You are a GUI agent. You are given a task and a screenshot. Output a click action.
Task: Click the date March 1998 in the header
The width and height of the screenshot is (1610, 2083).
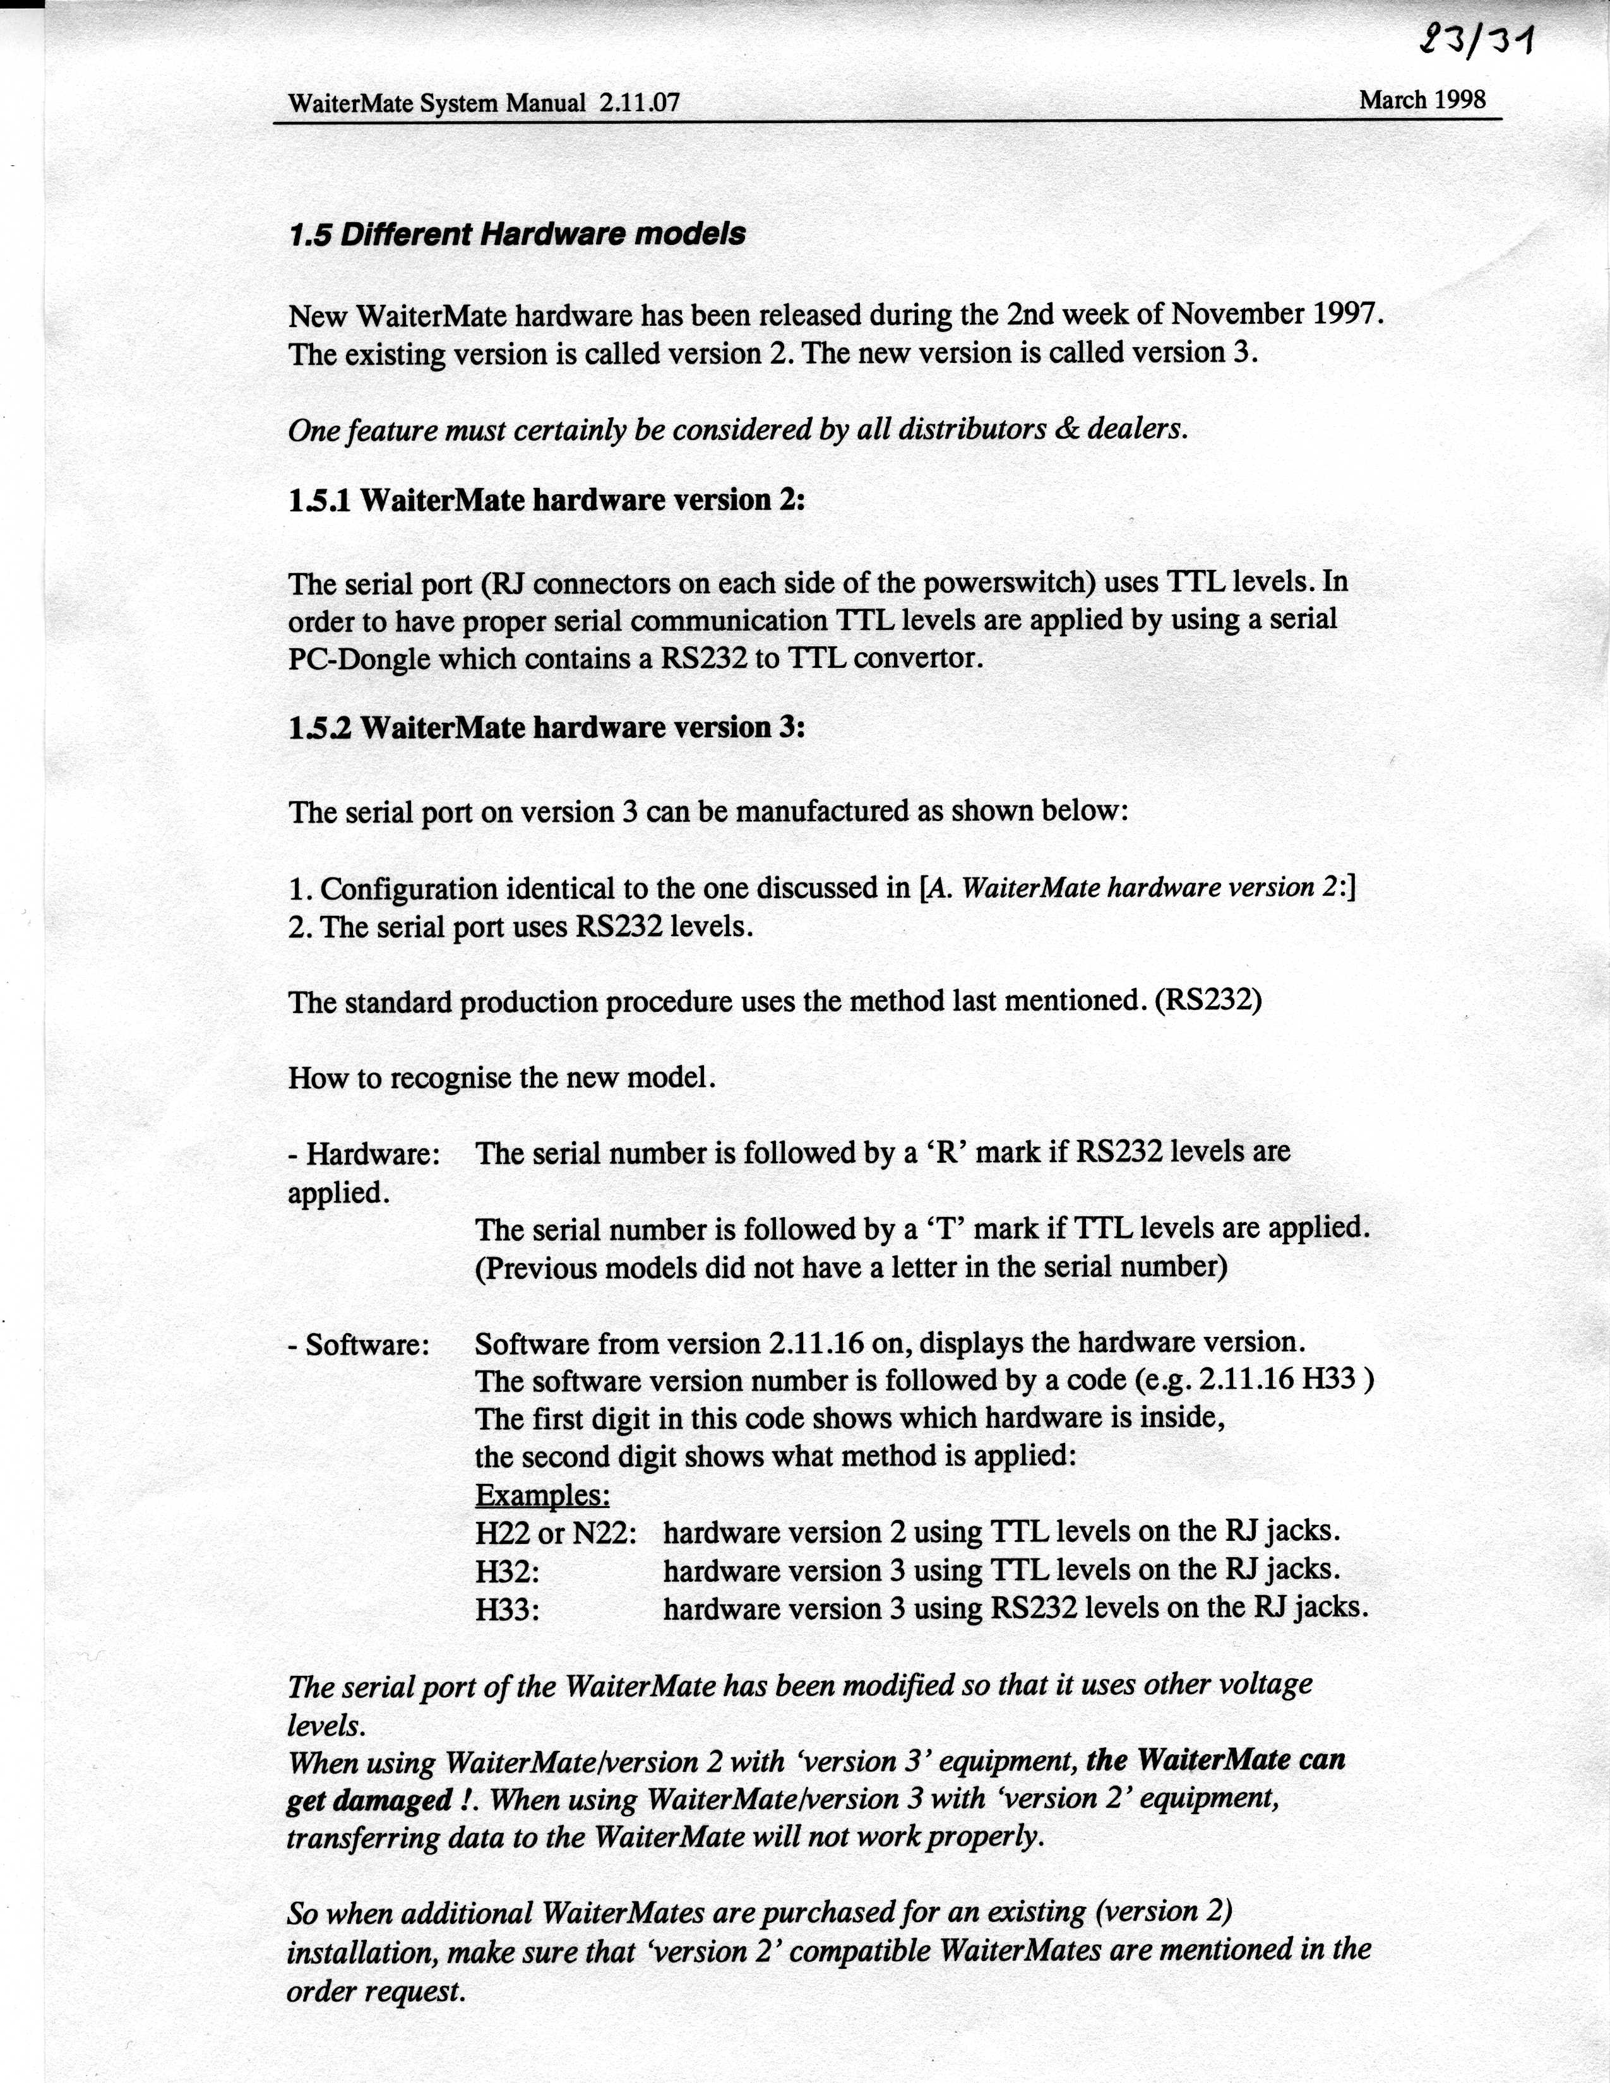(1422, 100)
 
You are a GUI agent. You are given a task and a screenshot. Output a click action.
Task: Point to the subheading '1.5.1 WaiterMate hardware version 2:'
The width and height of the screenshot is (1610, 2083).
(547, 500)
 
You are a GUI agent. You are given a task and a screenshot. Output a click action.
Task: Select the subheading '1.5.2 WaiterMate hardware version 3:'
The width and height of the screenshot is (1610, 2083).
(547, 728)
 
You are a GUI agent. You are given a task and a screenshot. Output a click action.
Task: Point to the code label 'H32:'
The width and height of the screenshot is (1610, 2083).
(508, 1571)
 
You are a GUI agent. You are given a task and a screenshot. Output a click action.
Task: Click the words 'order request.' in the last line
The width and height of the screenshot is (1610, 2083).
(376, 1991)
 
